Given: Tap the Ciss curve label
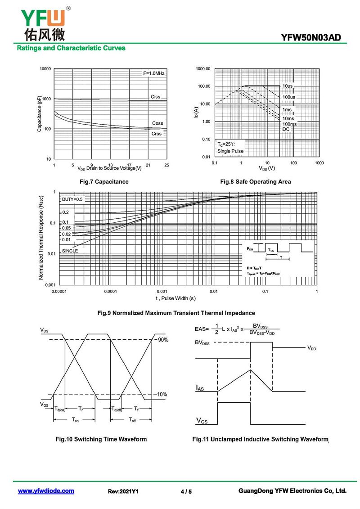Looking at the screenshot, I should [155, 97].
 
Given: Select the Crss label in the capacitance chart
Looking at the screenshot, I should [156, 134].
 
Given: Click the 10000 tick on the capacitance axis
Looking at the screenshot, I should [45, 69].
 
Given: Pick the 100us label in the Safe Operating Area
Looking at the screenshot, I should [288, 97].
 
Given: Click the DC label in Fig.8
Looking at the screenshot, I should [286, 129].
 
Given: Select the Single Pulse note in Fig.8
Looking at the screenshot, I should [230, 151].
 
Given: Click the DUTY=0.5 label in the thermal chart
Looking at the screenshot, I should [72, 199].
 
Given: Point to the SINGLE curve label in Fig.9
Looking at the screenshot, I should [70, 250].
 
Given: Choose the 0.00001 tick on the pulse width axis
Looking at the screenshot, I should [59, 292].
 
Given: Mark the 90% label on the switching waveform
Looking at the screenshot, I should [162, 340].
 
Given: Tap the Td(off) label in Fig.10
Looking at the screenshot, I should [117, 409].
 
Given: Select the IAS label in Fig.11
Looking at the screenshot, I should [200, 388].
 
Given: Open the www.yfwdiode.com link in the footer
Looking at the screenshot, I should [46, 491].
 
